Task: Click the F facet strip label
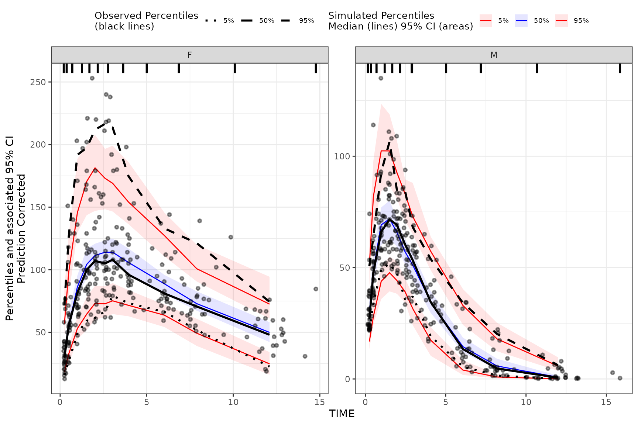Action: [x=189, y=55]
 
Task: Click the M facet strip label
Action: [x=494, y=55]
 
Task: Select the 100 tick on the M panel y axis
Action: [x=342, y=156]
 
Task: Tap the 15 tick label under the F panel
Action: [x=320, y=402]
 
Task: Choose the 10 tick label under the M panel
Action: [x=526, y=402]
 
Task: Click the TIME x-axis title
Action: [x=342, y=414]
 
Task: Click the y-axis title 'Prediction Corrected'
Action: [x=21, y=229]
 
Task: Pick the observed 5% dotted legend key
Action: [x=211, y=21]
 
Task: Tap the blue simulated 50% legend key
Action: [x=521, y=21]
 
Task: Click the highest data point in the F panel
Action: [x=92, y=78]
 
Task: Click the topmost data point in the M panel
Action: [x=381, y=78]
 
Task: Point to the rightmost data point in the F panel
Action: [x=316, y=289]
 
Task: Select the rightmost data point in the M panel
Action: [x=620, y=378]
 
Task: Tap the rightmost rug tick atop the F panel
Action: [x=316, y=68]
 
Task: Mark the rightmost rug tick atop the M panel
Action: [x=620, y=68]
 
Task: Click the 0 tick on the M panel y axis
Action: [x=347, y=379]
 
